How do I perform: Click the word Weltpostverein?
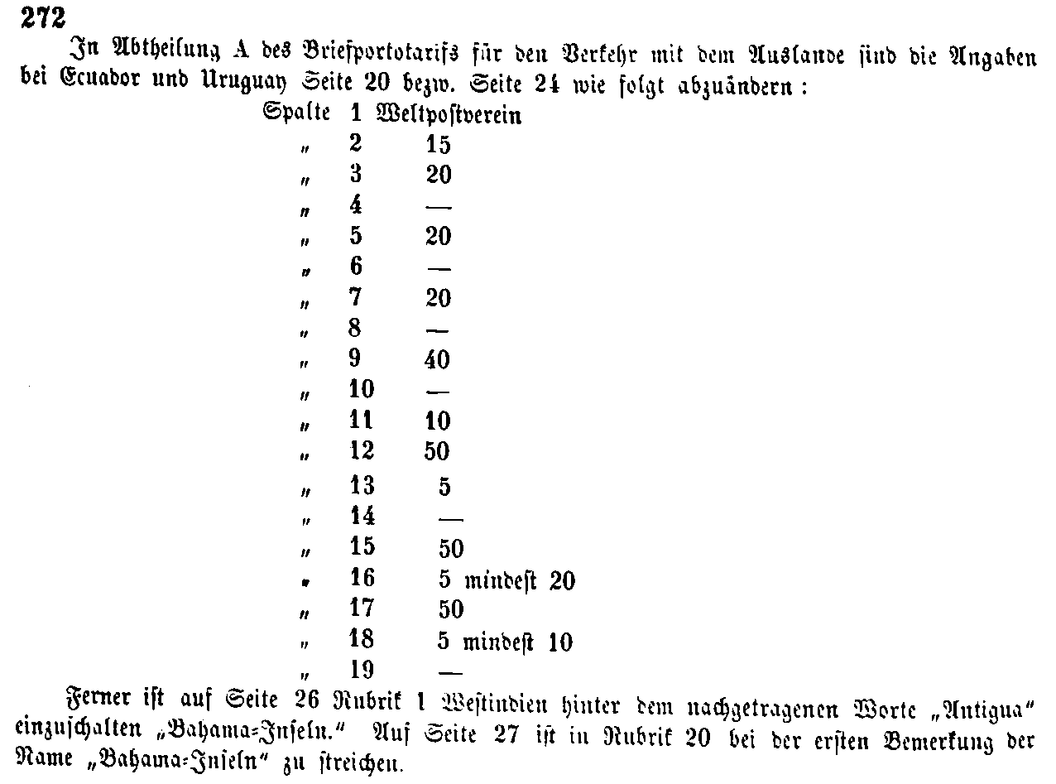coord(449,113)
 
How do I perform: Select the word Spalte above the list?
coord(296,113)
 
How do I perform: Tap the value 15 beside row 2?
coord(438,145)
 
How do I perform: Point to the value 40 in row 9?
coord(438,360)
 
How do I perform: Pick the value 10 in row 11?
coord(438,421)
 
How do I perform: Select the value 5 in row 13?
coord(444,487)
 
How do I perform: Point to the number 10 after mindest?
coord(559,642)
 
